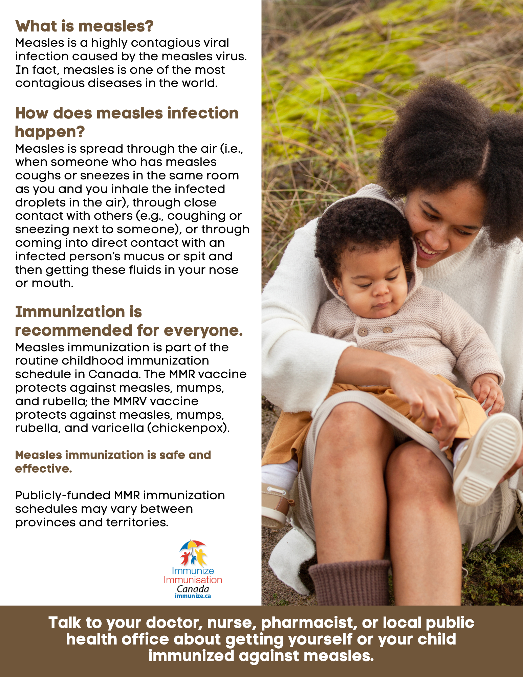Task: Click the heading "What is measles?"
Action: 84,26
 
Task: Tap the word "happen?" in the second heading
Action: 50,132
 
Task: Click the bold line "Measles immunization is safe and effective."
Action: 113,461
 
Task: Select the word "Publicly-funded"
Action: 63,496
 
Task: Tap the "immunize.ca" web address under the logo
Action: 193,596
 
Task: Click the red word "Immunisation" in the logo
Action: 193,580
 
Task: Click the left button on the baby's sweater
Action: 363,332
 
